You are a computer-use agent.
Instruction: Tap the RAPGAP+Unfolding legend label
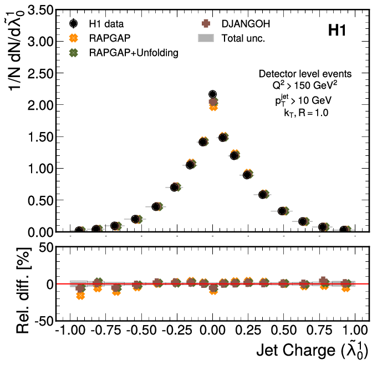[x=133, y=53]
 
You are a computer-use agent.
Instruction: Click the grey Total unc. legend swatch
[x=206, y=38]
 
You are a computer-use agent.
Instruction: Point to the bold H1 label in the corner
[x=337, y=31]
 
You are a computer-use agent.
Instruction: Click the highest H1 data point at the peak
[x=212, y=95]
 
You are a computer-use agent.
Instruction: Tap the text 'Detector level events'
[x=304, y=74]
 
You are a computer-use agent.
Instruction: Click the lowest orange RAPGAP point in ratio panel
[x=80, y=296]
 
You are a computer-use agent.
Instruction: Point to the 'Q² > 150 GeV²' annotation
[x=304, y=87]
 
